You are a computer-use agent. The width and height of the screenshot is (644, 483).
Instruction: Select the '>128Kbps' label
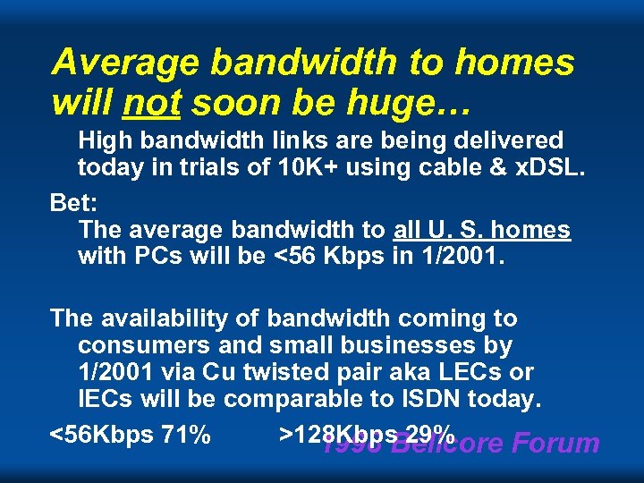335,435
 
